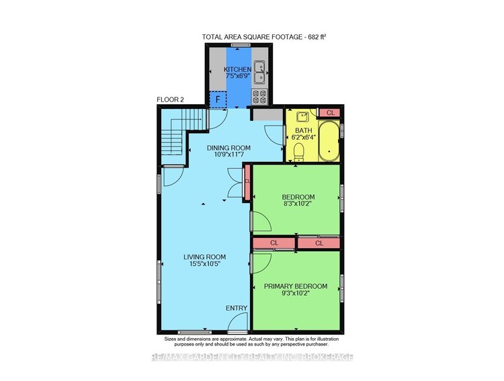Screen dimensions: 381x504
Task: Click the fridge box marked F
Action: (x=218, y=99)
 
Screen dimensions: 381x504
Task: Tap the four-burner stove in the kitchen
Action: (x=259, y=97)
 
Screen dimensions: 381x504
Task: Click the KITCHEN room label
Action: (x=238, y=69)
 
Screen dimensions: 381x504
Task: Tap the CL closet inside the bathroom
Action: (x=329, y=113)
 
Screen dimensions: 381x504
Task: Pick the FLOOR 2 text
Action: (x=171, y=99)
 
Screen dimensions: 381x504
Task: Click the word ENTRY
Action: (x=237, y=308)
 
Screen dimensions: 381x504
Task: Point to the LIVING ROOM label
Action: (x=206, y=257)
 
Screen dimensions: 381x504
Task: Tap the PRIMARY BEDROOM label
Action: (x=295, y=286)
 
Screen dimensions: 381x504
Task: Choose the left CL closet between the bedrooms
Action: (x=274, y=243)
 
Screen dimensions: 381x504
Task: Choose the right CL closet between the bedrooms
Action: (x=319, y=243)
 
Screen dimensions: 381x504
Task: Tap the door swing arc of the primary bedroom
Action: (x=262, y=262)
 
